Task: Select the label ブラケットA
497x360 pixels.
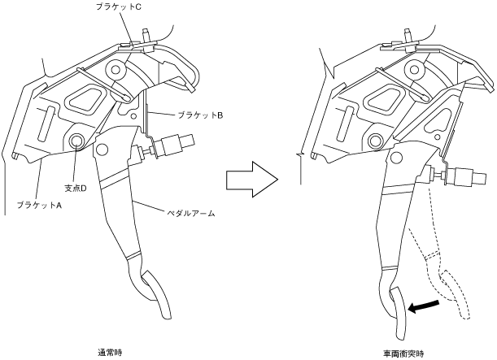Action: point(40,204)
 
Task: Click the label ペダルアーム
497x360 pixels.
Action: point(191,213)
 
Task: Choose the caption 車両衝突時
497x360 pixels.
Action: point(404,353)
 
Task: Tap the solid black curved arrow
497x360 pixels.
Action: point(427,306)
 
